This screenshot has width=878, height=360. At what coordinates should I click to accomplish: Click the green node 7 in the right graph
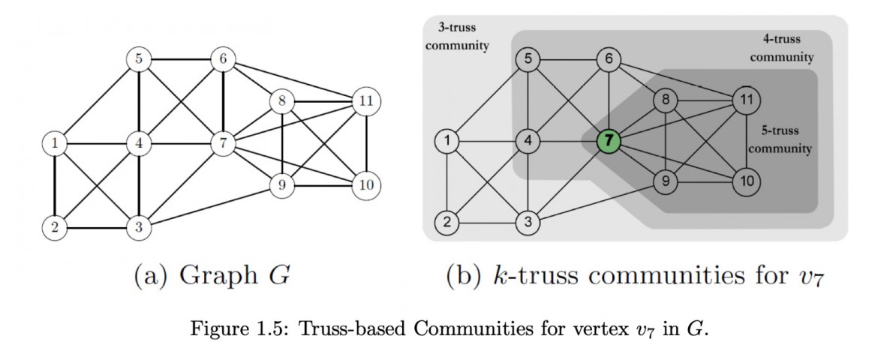[609, 141]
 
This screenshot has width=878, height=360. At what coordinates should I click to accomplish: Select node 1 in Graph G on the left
[55, 142]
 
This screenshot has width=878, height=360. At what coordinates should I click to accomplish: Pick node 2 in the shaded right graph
[447, 222]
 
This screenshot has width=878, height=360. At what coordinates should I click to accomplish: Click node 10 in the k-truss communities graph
[747, 181]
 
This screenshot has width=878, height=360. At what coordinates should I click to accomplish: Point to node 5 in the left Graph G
[138, 58]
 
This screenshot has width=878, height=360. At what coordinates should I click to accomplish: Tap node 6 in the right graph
[609, 58]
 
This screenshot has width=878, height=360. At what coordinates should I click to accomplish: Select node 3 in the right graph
[528, 222]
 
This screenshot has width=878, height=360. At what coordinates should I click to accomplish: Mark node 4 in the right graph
[528, 140]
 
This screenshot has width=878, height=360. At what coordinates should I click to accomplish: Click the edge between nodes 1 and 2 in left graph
[55, 184]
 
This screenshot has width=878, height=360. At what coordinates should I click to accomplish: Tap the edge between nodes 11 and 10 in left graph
[366, 142]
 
